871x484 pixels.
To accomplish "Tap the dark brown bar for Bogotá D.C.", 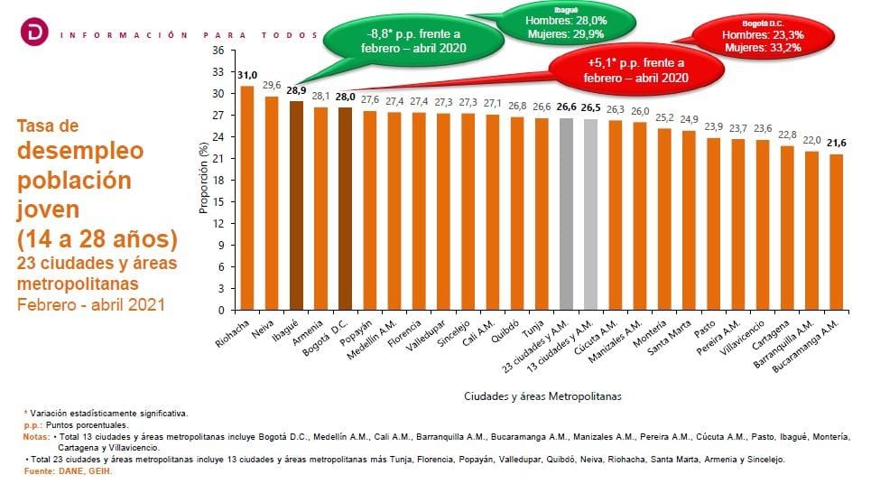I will click(x=345, y=209).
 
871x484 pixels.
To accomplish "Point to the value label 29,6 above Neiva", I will click(x=272, y=86).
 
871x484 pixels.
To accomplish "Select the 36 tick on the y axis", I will click(x=218, y=50).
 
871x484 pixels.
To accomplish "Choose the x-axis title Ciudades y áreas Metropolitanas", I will click(x=542, y=396).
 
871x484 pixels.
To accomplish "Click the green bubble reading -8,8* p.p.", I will click(x=414, y=42).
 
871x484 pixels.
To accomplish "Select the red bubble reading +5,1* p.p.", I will click(x=636, y=70).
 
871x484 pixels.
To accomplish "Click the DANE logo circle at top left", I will click(x=33, y=33).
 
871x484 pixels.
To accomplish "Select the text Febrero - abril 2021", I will click(x=91, y=304).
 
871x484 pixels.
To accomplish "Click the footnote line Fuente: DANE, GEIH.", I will click(x=68, y=470).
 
